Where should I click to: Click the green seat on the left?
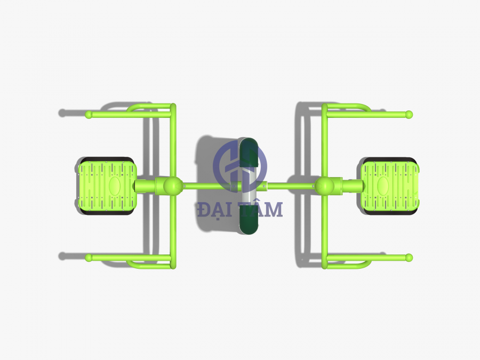107,186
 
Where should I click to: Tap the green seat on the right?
390,186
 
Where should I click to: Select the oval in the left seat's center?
115,186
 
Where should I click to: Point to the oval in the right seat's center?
382,186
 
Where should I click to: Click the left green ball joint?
173,186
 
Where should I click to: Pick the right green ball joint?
324,186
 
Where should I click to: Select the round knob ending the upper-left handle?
89,114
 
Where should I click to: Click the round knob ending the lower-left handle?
89,258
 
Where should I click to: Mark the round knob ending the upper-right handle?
409,114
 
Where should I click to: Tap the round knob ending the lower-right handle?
409,258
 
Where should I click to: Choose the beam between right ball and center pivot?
291,186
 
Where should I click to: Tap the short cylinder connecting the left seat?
145,186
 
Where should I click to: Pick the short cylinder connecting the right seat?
352,186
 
